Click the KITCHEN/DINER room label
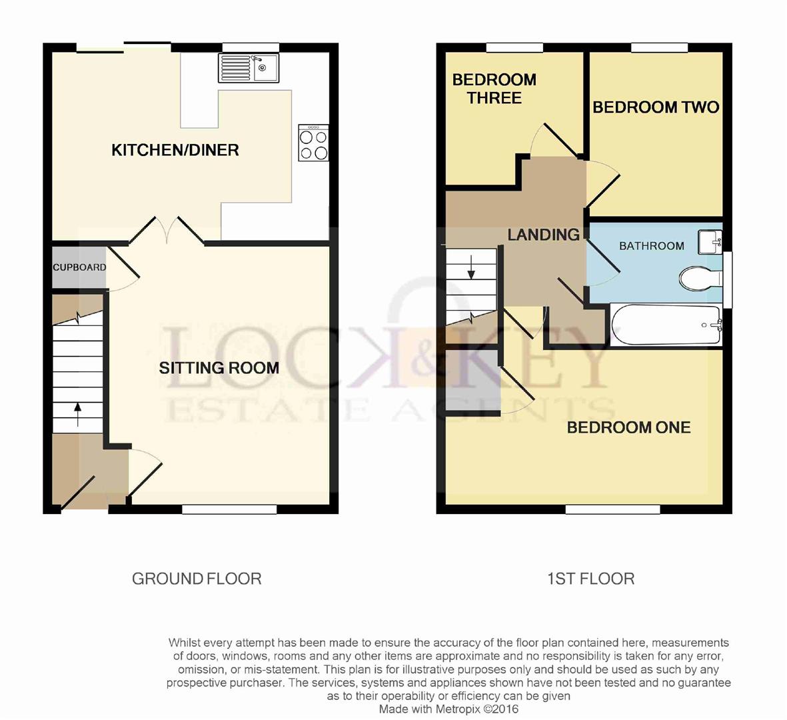tap(175, 150)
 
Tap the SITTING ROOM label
tap(219, 367)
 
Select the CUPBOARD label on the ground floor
tap(79, 267)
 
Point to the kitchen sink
tap(249, 67)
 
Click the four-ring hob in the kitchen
tap(314, 144)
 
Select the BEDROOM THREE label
tap(494, 89)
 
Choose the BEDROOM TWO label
tap(656, 107)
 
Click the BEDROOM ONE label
tap(628, 427)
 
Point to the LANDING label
tap(543, 235)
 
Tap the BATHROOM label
tap(651, 246)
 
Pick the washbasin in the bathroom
tap(710, 243)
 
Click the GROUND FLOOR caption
tap(197, 579)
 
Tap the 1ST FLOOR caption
tap(590, 579)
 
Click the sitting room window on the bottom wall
tap(230, 510)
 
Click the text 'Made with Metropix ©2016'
tap(448, 709)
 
